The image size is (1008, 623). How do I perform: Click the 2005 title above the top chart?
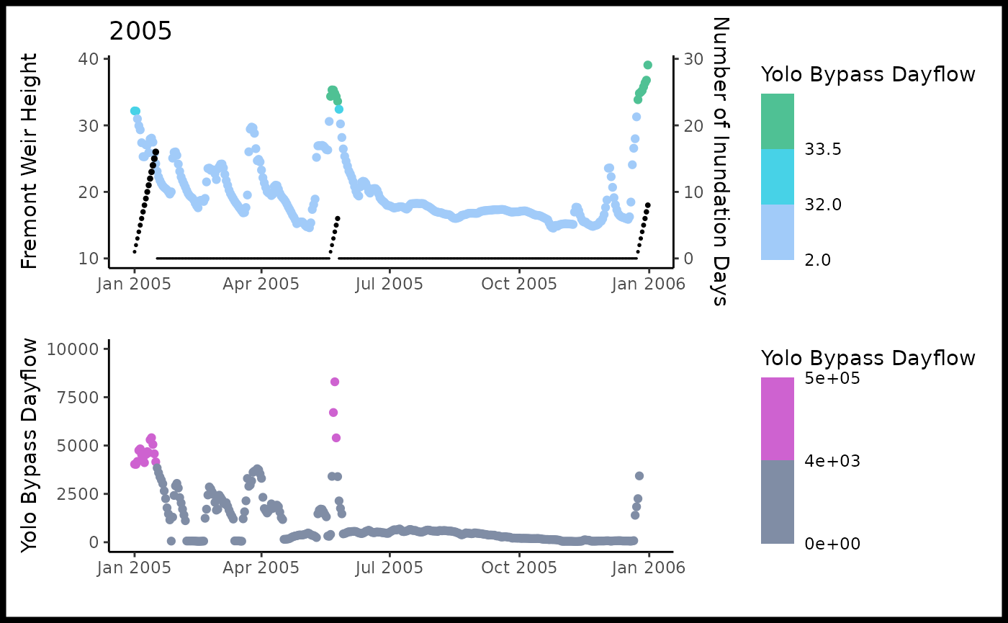coord(140,32)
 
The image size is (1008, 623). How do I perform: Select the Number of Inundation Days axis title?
coord(720,161)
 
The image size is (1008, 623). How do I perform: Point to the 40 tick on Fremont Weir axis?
coord(88,58)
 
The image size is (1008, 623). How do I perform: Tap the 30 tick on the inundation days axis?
coord(693,58)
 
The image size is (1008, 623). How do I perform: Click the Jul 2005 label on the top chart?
coord(390,284)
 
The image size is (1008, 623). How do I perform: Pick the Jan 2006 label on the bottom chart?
coord(649,567)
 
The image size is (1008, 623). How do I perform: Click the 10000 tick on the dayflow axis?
coord(70,349)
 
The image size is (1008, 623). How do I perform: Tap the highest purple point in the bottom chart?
coord(335,382)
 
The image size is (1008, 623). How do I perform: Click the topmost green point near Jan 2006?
coord(648,65)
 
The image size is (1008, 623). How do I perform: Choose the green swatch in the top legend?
coord(778,121)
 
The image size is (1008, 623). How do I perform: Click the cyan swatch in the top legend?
coord(778,176)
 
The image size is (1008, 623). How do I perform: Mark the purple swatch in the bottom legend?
coord(778,418)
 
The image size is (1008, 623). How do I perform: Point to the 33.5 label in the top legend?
coord(824,149)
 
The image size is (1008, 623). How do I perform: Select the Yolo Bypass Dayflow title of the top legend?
coord(868,74)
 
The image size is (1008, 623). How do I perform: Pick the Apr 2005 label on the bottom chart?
coord(261,567)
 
